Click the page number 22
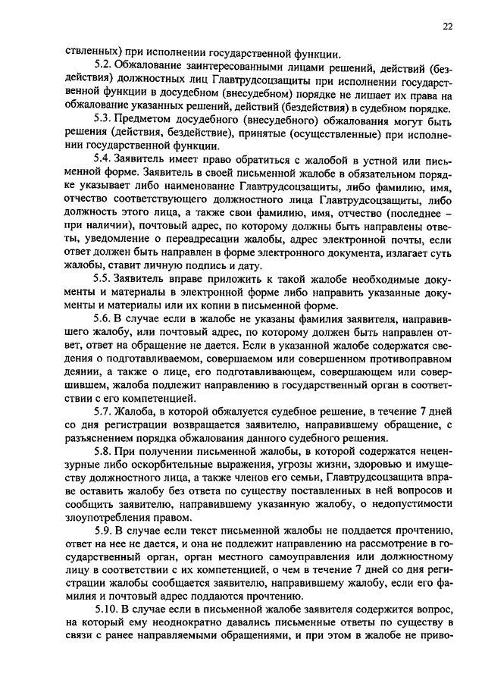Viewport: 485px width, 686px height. click(x=449, y=27)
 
